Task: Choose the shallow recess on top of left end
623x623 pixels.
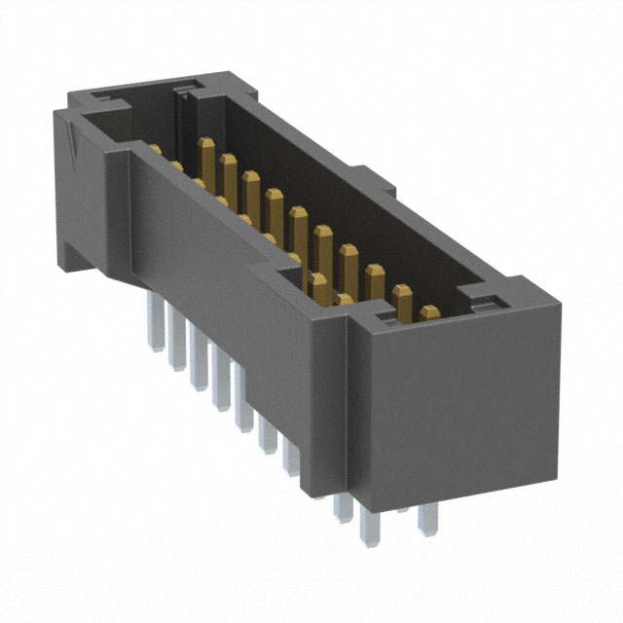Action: click(x=107, y=98)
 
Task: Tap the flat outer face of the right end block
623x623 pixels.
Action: click(x=458, y=409)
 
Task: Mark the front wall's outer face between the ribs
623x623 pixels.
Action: click(x=224, y=273)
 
